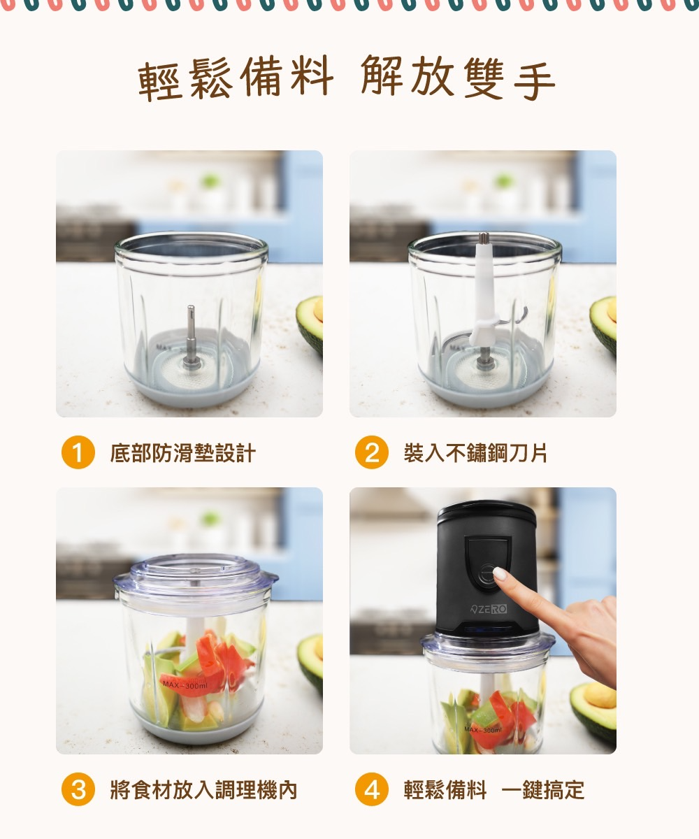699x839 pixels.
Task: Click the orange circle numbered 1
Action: (78, 452)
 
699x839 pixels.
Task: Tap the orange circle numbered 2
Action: (372, 452)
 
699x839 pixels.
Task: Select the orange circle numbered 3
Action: (78, 789)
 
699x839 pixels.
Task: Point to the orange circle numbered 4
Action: (372, 789)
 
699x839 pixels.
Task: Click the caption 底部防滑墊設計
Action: (182, 453)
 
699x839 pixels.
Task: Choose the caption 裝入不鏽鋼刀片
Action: (475, 453)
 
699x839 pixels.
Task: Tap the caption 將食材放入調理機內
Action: (203, 790)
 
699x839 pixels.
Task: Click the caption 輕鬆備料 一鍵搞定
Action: (494, 790)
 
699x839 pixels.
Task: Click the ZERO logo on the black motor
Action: (488, 610)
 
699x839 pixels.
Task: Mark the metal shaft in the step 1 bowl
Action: (190, 336)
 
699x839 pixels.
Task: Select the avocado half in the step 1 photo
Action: (310, 325)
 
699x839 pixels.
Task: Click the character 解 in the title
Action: (382, 76)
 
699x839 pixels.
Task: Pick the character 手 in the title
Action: (534, 80)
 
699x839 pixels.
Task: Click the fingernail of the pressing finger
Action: (500, 573)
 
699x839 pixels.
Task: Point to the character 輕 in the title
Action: (159, 80)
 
